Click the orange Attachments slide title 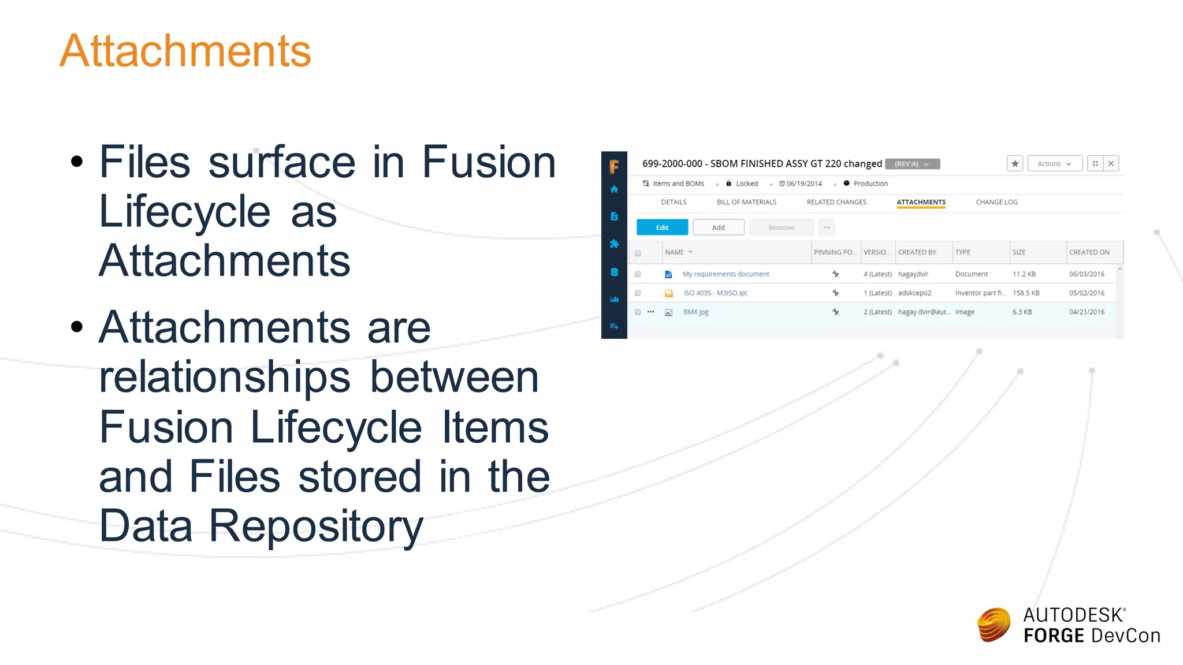[185, 51]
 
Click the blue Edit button [662, 227]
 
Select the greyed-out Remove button [781, 227]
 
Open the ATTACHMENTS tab [921, 202]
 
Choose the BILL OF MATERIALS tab [746, 202]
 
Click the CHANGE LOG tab [996, 202]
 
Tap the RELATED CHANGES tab [836, 202]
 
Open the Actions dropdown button [1054, 164]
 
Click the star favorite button [1015, 164]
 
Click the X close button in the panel [1111, 164]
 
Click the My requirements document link [726, 274]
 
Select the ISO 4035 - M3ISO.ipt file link [715, 293]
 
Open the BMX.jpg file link [695, 312]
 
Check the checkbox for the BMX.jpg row [638, 312]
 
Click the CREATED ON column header [1089, 252]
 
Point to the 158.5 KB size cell [1026, 293]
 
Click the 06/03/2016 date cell [1087, 274]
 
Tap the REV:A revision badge [912, 164]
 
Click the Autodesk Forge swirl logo [994, 625]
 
